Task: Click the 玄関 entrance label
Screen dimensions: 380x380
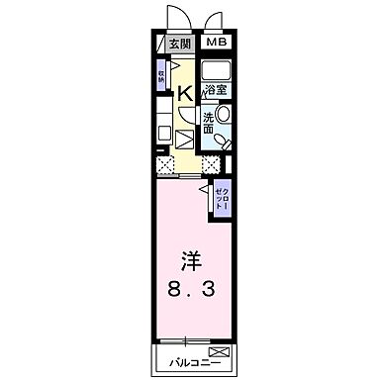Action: point(178,45)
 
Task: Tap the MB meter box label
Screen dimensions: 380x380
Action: point(216,44)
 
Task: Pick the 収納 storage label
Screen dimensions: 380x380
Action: point(162,76)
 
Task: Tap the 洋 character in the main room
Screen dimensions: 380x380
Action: point(190,263)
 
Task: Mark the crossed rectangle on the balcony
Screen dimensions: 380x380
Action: point(218,352)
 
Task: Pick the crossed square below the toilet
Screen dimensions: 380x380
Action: point(211,164)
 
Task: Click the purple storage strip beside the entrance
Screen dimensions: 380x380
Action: point(161,77)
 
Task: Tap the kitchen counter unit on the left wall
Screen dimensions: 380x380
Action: point(165,129)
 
